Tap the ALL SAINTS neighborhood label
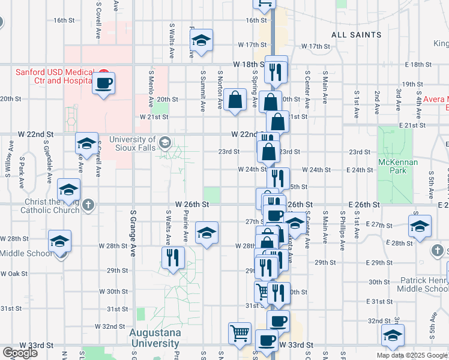356,35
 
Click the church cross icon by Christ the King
88,205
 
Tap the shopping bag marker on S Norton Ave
235,101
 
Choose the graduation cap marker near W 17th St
201,40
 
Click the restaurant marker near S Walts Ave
172,257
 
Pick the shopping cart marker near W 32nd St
240,333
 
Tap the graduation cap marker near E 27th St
420,227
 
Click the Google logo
20,353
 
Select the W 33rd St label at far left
34,346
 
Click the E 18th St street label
419,64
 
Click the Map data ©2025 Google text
412,355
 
